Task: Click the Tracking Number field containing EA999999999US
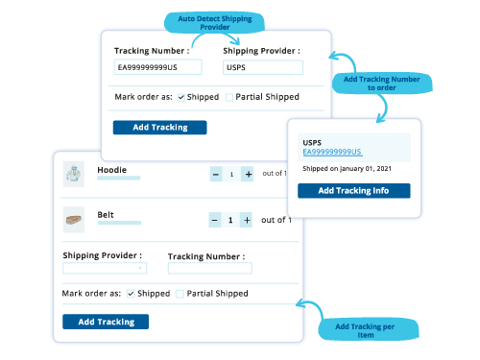(x=157, y=67)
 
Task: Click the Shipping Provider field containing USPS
(x=262, y=67)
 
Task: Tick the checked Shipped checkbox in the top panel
(x=181, y=97)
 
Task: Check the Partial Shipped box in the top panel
(x=229, y=97)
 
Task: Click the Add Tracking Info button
(x=353, y=190)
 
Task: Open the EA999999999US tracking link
(x=332, y=152)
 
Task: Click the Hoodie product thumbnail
(x=73, y=174)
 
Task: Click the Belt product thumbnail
(x=73, y=220)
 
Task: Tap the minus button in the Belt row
(x=215, y=220)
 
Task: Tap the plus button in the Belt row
(x=247, y=220)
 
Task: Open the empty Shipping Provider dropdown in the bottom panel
(x=105, y=269)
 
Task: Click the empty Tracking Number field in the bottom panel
(x=209, y=269)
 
